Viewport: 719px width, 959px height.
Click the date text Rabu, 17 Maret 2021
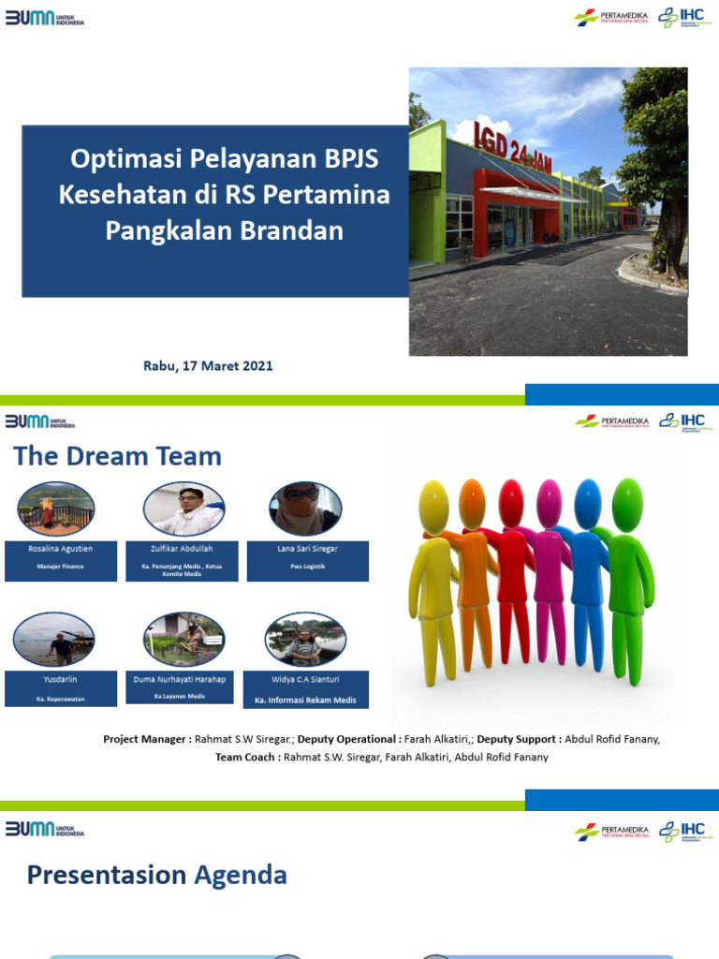point(208,366)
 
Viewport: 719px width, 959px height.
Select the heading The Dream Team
point(117,456)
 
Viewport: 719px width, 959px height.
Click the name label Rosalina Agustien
point(61,548)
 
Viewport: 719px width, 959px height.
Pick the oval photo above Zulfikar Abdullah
point(183,509)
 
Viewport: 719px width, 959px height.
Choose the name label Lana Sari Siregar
point(307,549)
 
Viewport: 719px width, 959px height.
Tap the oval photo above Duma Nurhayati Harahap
point(183,640)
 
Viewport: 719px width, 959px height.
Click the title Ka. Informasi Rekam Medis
point(307,700)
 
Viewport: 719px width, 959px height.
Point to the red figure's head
point(511,493)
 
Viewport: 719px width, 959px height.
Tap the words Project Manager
point(146,739)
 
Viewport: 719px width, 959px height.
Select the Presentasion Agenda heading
point(156,875)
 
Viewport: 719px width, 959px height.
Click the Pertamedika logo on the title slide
point(611,18)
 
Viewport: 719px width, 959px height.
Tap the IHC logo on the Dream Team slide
point(682,420)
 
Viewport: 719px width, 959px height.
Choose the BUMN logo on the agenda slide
point(45,829)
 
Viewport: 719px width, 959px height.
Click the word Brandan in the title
point(290,229)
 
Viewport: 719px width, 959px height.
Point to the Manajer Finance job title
point(61,567)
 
